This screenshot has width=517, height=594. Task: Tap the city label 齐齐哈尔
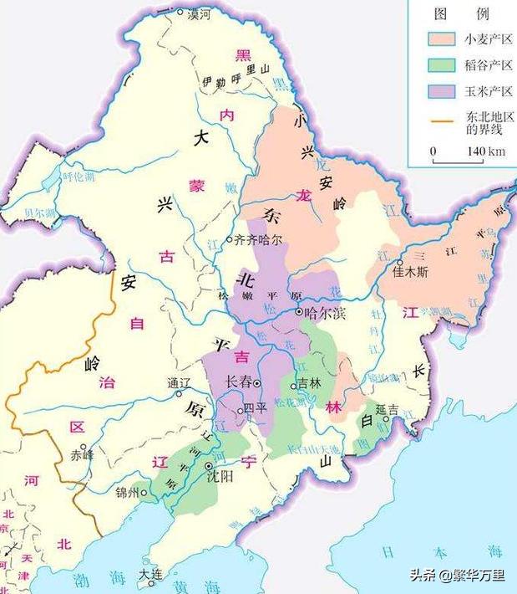tap(259, 238)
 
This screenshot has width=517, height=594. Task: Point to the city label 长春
tap(239, 382)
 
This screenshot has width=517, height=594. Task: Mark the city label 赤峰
tap(82, 456)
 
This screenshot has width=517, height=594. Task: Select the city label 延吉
tap(387, 410)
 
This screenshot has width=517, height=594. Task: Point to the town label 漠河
tap(198, 14)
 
